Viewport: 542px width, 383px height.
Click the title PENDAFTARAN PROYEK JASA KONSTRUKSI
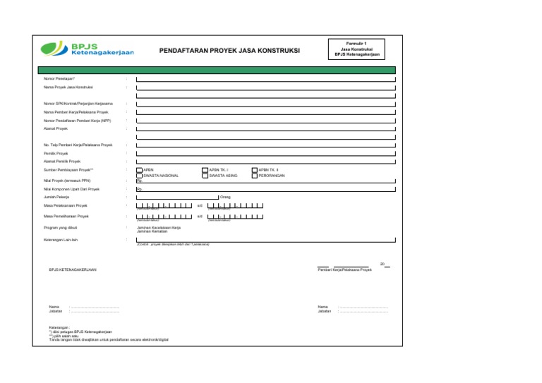pos(229,51)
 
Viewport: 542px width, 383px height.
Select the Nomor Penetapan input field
pos(265,78)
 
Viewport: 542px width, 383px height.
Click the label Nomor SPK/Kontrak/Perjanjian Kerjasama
pos(78,104)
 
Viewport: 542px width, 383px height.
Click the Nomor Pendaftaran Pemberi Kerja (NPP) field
pos(265,121)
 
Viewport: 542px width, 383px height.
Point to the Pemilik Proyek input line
pos(265,153)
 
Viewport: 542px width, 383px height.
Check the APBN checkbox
pos(139,170)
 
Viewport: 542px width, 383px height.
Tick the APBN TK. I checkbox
pos(205,170)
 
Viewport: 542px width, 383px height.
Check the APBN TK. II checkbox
pos(255,170)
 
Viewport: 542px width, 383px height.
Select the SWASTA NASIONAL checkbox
pos(139,176)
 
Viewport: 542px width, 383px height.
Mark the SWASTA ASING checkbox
pos(205,176)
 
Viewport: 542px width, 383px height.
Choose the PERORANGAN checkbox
pos(255,176)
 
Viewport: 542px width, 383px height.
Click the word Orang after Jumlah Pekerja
pos(226,197)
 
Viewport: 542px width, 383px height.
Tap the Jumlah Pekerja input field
pos(177,197)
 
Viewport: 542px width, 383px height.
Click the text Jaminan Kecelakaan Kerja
pos(159,228)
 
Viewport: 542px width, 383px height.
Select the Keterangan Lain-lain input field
pos(265,240)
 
